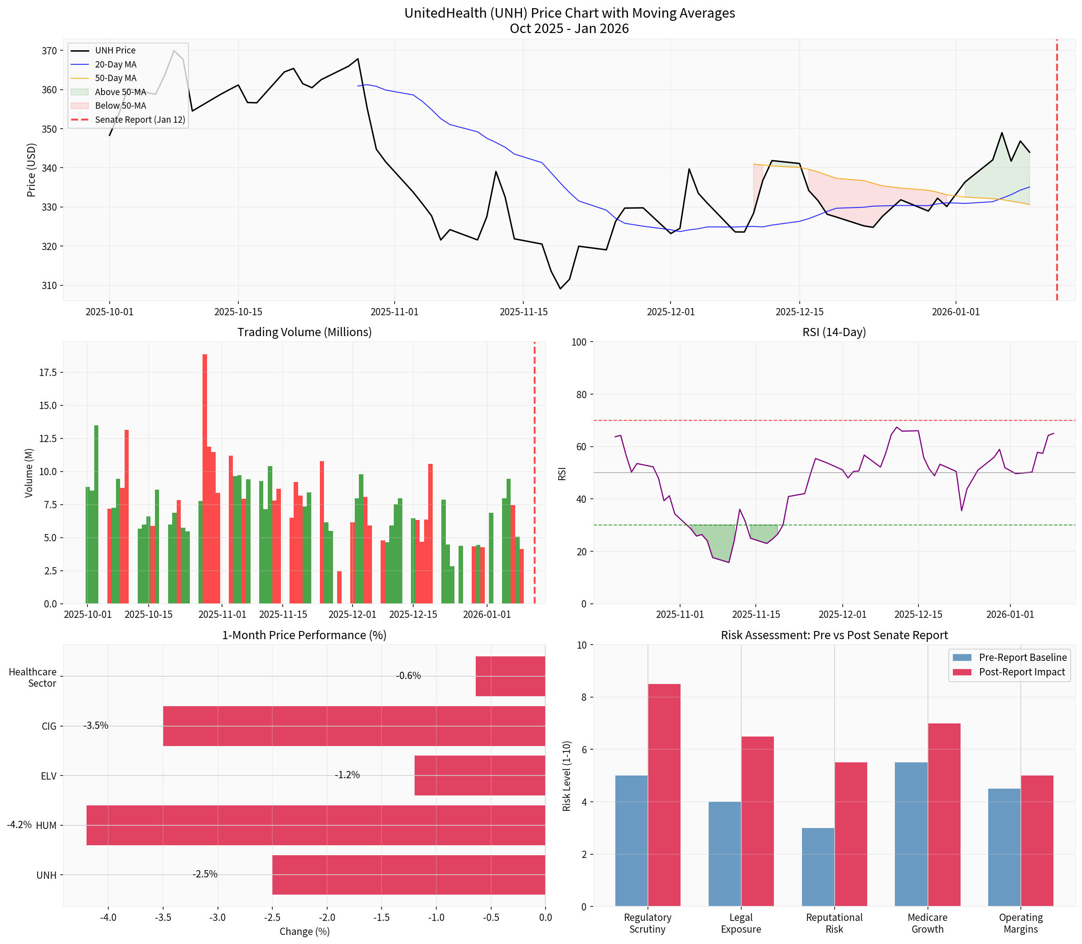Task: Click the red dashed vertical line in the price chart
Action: tap(1056, 211)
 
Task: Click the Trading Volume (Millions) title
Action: tap(304, 332)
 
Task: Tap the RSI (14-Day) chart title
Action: tap(834, 332)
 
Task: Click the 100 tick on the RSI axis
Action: tap(578, 342)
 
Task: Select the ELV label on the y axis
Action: tap(48, 776)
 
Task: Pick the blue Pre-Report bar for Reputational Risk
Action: tap(818, 867)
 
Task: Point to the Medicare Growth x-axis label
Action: tap(927, 922)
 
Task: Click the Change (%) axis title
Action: tap(304, 931)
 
